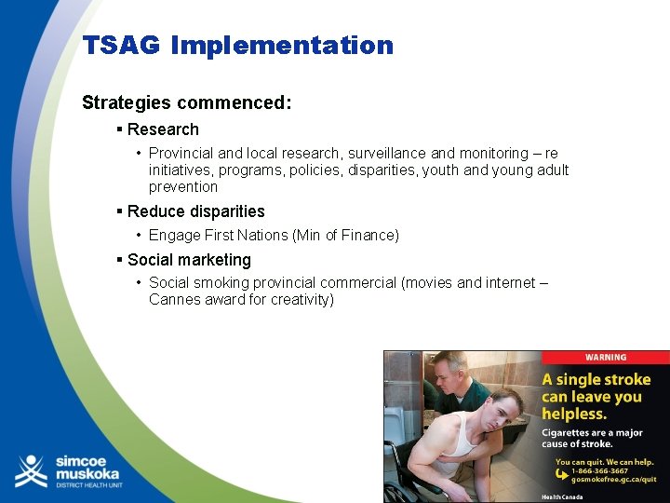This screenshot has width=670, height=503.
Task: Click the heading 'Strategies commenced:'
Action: tap(187, 102)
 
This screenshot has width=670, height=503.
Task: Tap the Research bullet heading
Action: tap(163, 129)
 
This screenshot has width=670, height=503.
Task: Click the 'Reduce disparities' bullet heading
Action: tap(195, 211)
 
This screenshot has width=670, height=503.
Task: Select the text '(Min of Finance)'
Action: tap(346, 236)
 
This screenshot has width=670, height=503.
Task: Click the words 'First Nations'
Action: tap(246, 236)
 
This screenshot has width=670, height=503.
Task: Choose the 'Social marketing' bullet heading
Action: tap(189, 260)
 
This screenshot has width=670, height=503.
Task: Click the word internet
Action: tap(510, 282)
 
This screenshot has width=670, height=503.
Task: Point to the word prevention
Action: tap(183, 186)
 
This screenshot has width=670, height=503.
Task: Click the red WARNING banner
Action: tap(605, 357)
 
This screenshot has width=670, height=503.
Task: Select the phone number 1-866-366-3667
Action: tap(599, 470)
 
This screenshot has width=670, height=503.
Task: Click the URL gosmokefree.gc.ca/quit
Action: tap(606, 480)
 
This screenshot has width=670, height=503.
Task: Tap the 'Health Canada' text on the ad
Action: tap(562, 497)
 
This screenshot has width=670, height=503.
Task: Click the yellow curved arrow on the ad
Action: tap(560, 473)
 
